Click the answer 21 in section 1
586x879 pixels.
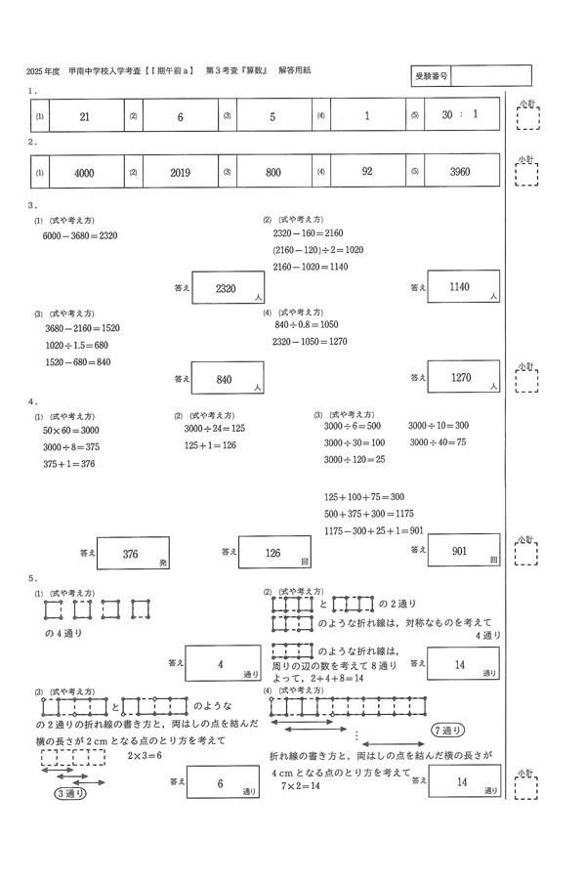[84, 116]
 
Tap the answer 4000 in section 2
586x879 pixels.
[84, 172]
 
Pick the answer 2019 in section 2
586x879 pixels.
[179, 172]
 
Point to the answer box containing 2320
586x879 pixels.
[230, 289]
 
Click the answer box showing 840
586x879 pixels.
[230, 379]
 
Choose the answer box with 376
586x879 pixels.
[133, 554]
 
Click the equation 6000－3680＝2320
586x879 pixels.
[80, 235]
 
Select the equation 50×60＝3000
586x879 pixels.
[70, 431]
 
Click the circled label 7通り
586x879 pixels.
[446, 731]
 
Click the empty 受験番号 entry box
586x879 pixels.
[491, 75]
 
